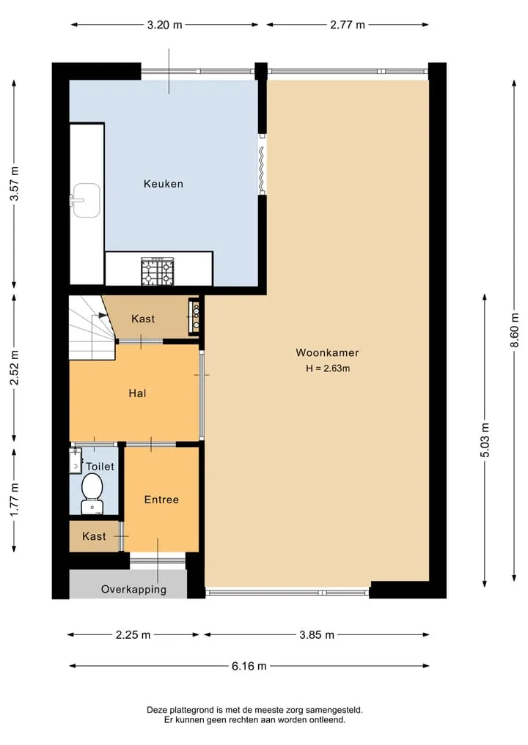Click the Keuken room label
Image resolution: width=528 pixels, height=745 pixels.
point(163,184)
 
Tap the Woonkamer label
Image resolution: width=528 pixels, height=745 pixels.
point(327,352)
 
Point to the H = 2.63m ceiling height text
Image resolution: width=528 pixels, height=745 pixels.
point(328,368)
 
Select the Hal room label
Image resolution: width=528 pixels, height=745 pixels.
point(137,393)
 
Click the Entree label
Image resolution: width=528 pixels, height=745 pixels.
point(161,500)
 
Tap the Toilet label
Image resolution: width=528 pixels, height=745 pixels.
point(100,467)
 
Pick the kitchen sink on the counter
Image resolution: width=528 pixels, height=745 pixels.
point(85,200)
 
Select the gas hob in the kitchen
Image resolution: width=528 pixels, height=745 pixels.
point(158,271)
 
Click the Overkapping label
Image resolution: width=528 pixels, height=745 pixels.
point(133,590)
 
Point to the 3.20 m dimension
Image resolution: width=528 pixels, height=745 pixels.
point(164,25)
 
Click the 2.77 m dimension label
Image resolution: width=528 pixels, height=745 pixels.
point(348,25)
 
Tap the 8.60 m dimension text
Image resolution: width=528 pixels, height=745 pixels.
point(514,330)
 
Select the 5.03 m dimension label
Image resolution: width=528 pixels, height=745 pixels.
point(485,440)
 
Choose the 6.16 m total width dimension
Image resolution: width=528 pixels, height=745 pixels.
point(249,666)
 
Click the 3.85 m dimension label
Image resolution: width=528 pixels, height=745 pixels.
point(317,635)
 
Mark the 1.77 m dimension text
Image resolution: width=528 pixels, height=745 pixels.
point(14,500)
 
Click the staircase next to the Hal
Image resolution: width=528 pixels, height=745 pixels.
point(92,328)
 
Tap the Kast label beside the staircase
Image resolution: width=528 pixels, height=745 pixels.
point(143,319)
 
